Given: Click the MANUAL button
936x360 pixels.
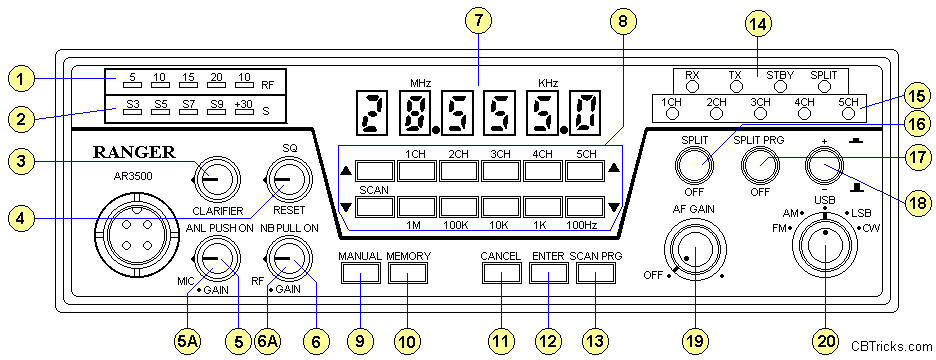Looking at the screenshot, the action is (x=362, y=273).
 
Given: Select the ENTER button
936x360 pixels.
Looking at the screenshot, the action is (x=549, y=273).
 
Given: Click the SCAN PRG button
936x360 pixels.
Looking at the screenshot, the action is (x=596, y=273).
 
